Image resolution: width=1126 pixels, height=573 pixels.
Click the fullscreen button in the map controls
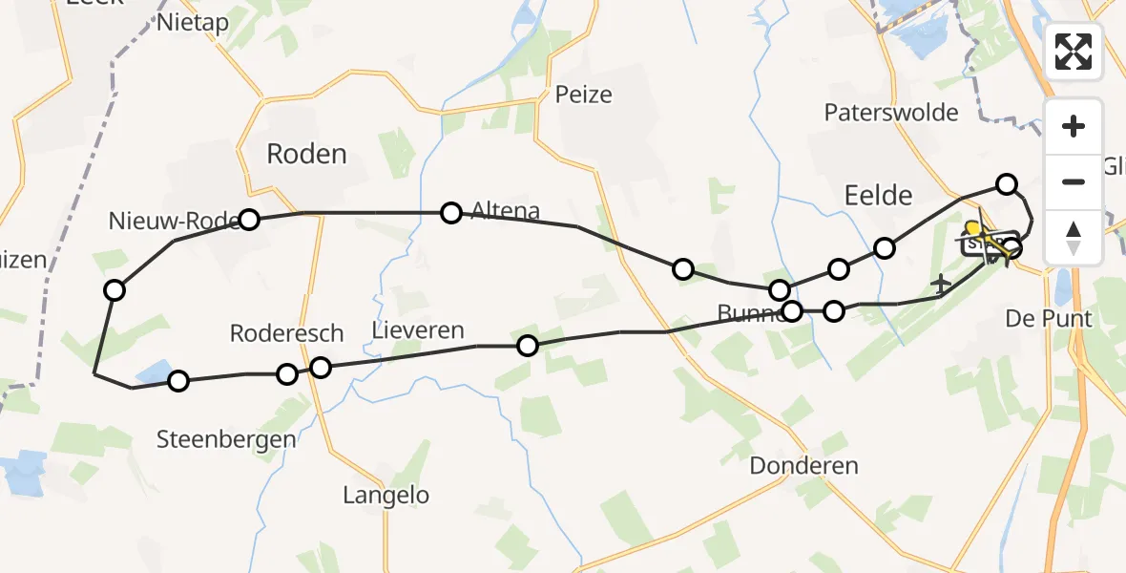pos(1074,52)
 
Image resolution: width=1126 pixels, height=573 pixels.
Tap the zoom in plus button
pos(1074,127)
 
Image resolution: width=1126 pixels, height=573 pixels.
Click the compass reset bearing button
pos(1074,238)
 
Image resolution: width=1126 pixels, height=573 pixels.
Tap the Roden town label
pos(306,154)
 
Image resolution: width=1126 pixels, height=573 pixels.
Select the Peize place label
pos(583,95)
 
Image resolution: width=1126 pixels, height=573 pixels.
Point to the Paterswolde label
pos(891,113)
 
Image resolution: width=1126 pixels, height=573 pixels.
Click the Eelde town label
pos(878,195)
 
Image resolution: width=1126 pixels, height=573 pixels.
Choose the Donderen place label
pos(803,466)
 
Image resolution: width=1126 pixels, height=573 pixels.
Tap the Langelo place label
pos(386,495)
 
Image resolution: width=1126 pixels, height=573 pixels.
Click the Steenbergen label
pos(227,439)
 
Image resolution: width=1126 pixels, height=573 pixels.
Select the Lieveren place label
pos(418,331)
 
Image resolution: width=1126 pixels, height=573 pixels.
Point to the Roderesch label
pos(286,333)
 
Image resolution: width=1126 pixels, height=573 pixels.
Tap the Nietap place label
pos(194,22)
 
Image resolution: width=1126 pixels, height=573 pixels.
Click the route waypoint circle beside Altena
pos(451,213)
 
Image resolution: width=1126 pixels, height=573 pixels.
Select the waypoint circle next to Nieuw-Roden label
pos(249,220)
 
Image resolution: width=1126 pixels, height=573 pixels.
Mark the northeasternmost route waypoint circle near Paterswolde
pos(1007,184)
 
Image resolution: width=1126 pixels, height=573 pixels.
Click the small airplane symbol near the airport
pos(942,283)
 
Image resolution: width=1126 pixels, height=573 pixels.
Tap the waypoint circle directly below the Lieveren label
pos(528,346)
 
